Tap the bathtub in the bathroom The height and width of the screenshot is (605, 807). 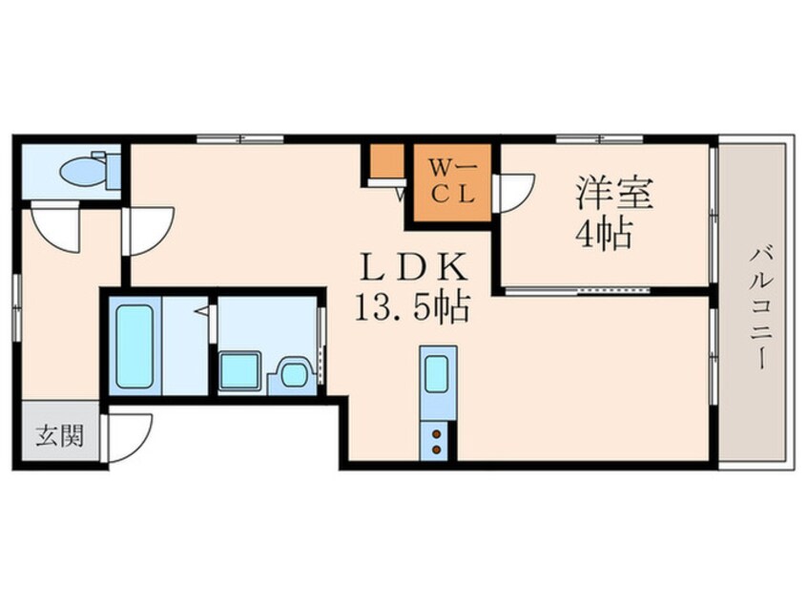pyautogui.click(x=134, y=347)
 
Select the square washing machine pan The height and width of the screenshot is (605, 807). pyautogui.click(x=239, y=370)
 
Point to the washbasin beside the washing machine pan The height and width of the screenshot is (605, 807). pyautogui.click(x=294, y=373)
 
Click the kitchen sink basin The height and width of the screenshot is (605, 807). pyautogui.click(x=438, y=374)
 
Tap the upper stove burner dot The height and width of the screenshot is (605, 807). pyautogui.click(x=438, y=435)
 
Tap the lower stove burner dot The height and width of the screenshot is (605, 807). pyautogui.click(x=438, y=449)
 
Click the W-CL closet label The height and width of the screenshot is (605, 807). pyautogui.click(x=449, y=179)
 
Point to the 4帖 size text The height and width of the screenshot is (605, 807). pyautogui.click(x=603, y=234)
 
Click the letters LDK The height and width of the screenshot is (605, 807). pyautogui.click(x=411, y=265)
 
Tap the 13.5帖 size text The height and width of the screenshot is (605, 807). pyautogui.click(x=411, y=307)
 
